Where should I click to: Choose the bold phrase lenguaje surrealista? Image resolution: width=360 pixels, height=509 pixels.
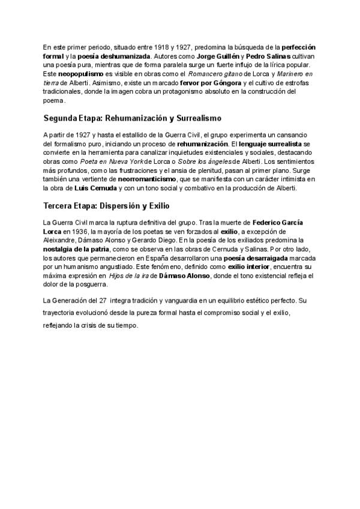272,145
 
